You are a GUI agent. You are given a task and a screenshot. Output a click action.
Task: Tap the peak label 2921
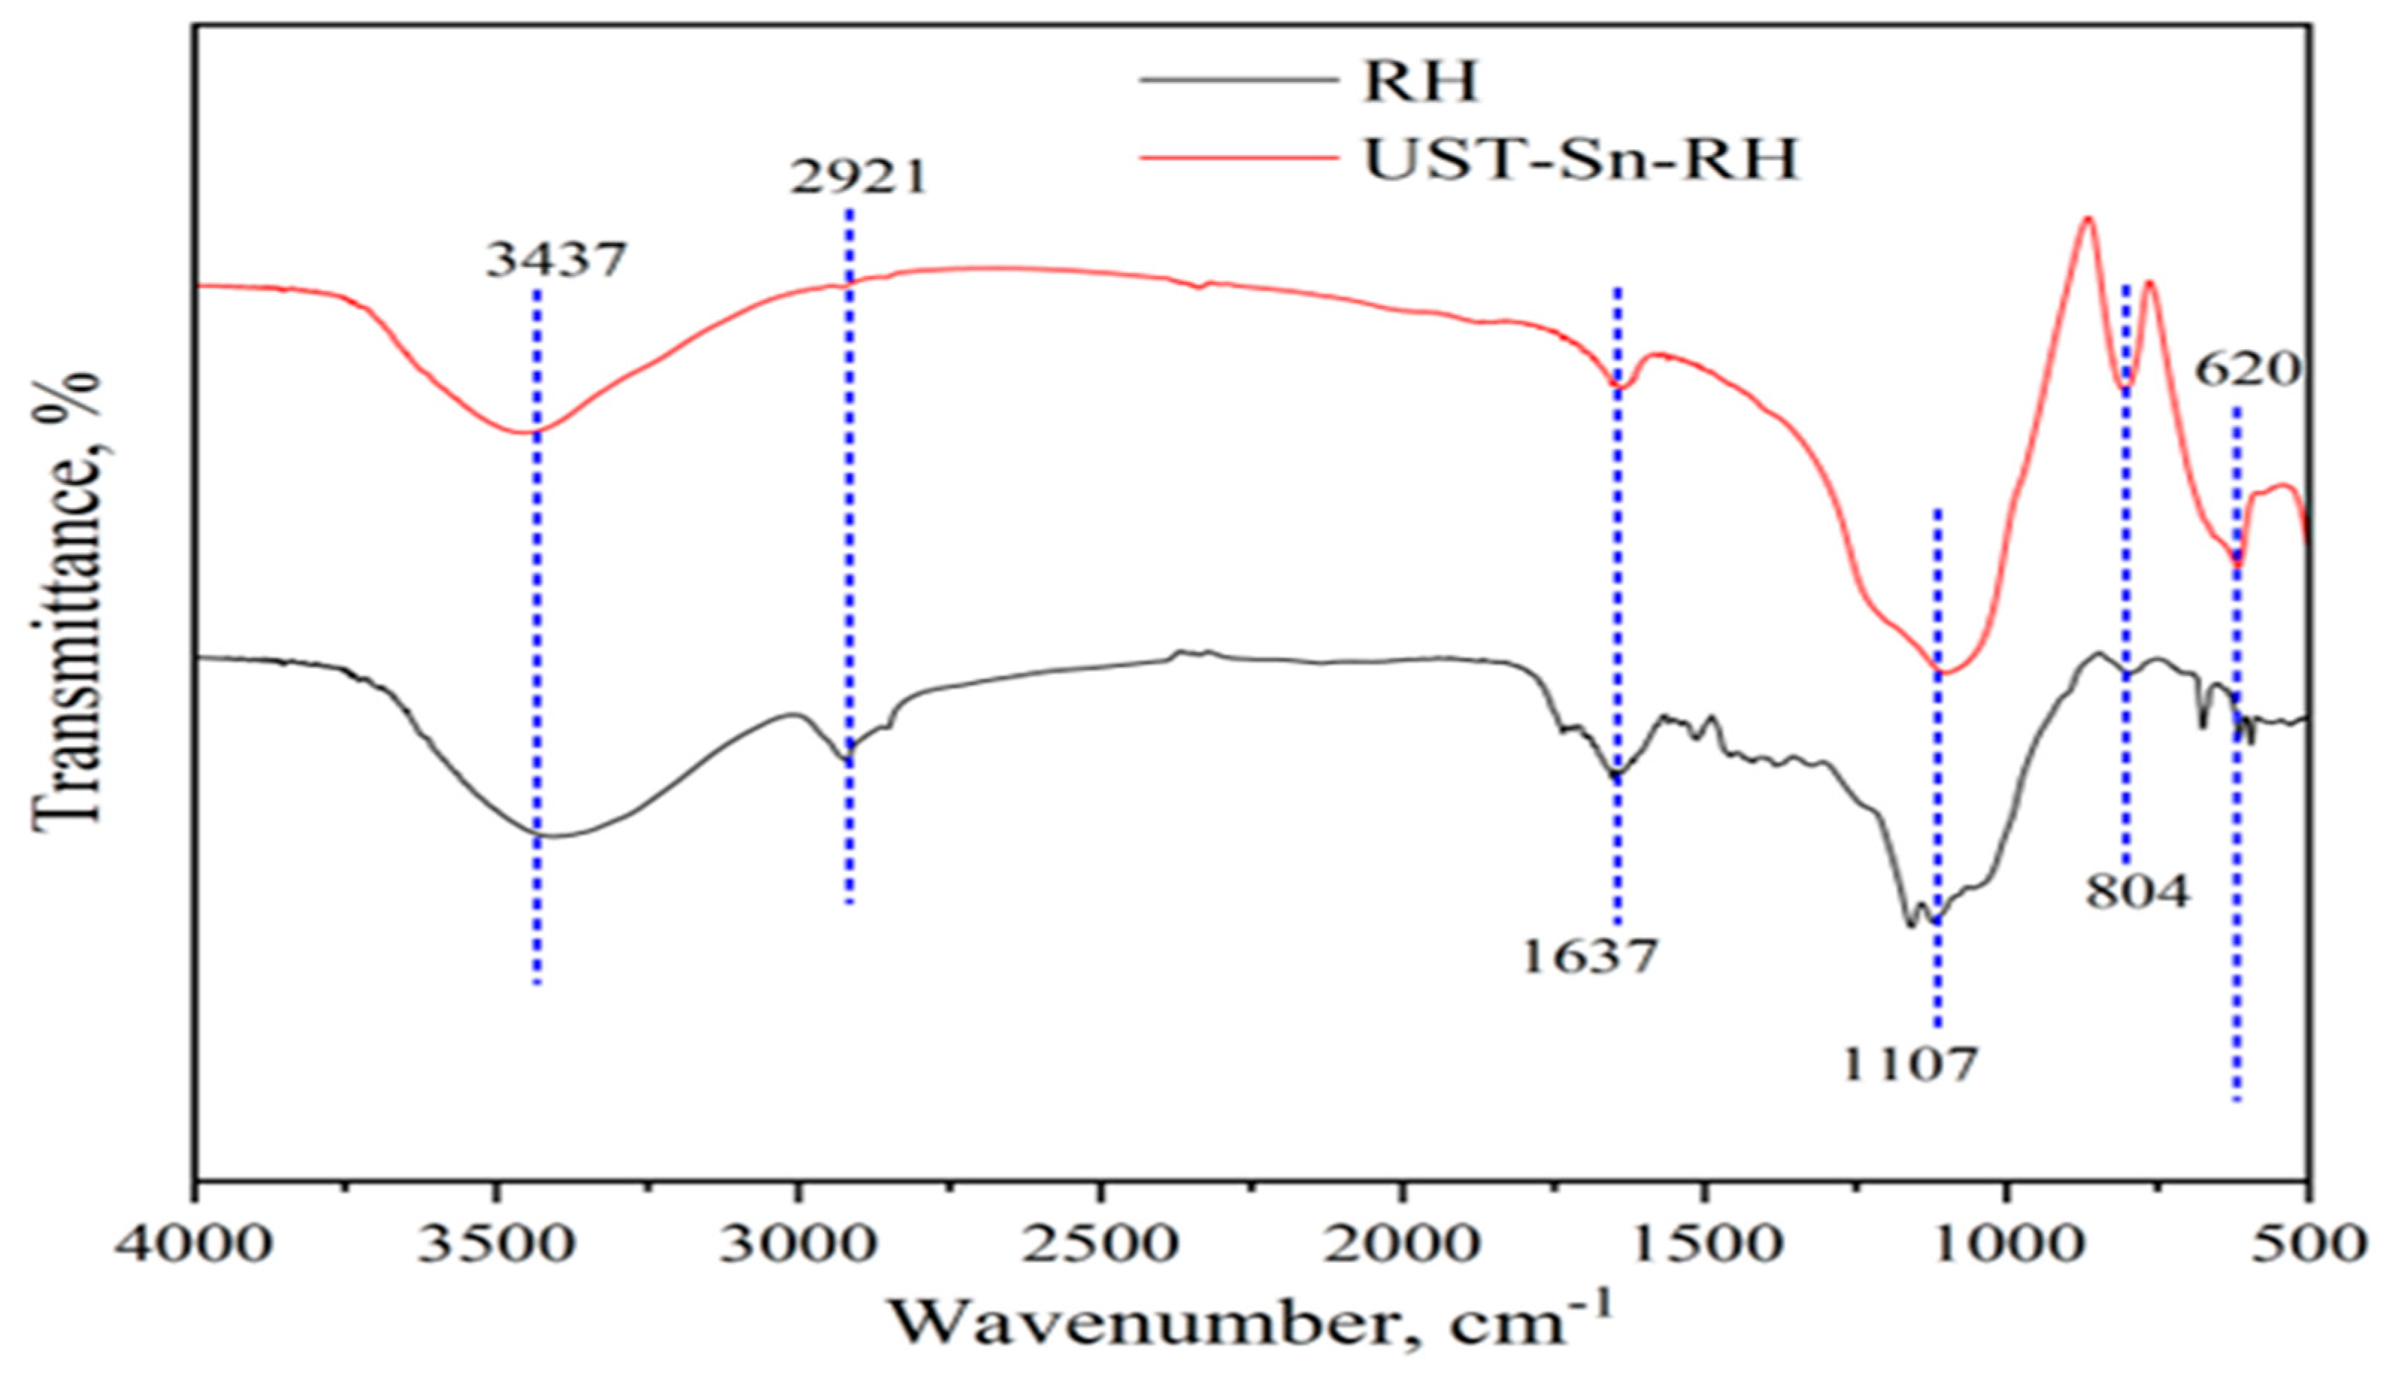click(x=857, y=177)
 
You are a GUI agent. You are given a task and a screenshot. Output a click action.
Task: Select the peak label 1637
click(x=1590, y=956)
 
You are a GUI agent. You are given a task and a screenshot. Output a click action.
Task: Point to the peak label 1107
click(x=1909, y=1065)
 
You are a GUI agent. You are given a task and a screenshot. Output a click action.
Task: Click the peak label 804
click(x=2137, y=891)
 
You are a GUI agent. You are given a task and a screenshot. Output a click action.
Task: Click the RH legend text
click(x=1419, y=81)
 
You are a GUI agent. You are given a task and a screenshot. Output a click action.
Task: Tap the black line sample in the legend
click(x=1237, y=81)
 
